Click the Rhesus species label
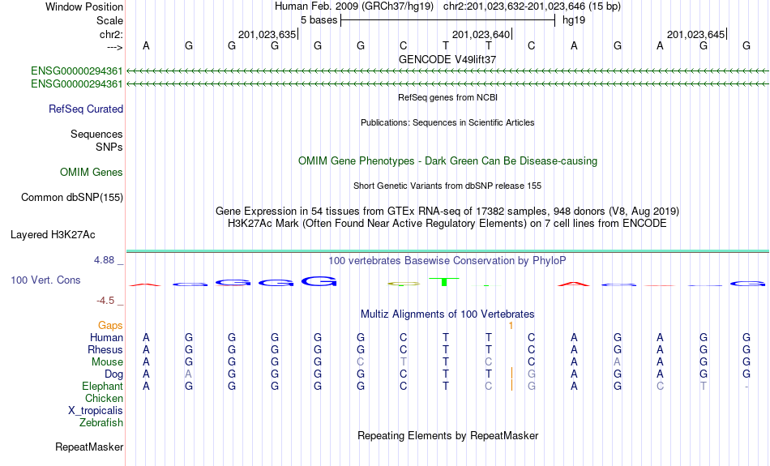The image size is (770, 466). pyautogui.click(x=105, y=349)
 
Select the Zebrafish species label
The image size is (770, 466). pyautogui.click(x=101, y=422)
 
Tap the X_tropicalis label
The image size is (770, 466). pyautogui.click(x=96, y=411)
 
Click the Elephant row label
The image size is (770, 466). pyautogui.click(x=102, y=387)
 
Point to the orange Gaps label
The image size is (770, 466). pyautogui.click(x=110, y=326)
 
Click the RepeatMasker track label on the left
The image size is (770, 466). pyautogui.click(x=89, y=447)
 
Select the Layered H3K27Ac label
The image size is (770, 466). pyautogui.click(x=53, y=235)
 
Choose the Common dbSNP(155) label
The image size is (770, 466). pyautogui.click(x=72, y=198)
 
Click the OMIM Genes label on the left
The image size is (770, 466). pyautogui.click(x=92, y=173)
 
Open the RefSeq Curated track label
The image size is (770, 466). pyautogui.click(x=86, y=109)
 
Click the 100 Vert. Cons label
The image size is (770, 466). pyautogui.click(x=45, y=280)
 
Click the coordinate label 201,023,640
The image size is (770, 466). pyautogui.click(x=481, y=34)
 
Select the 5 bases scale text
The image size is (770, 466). pyautogui.click(x=319, y=20)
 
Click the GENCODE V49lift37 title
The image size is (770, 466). pyautogui.click(x=447, y=59)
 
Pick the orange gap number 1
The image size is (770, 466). pyautogui.click(x=511, y=326)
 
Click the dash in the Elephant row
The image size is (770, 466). pyautogui.click(x=746, y=387)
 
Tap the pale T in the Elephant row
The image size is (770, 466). pyautogui.click(x=704, y=387)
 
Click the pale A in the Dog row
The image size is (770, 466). pyautogui.click(x=189, y=374)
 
